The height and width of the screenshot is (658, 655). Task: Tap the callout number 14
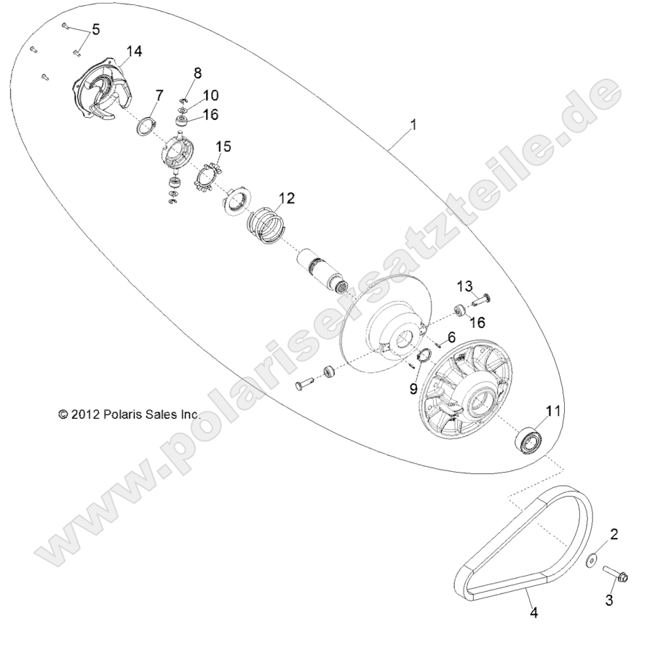(134, 50)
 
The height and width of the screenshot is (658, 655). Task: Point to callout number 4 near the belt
(533, 613)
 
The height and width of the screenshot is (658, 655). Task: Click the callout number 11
(553, 412)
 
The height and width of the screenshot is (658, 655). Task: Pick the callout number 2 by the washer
(614, 535)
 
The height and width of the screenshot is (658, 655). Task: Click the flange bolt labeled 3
(618, 576)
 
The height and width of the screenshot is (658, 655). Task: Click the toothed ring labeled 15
(207, 177)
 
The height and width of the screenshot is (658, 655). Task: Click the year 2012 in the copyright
(84, 414)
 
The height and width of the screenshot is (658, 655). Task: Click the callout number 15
(223, 147)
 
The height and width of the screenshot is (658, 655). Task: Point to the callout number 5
(95, 30)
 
